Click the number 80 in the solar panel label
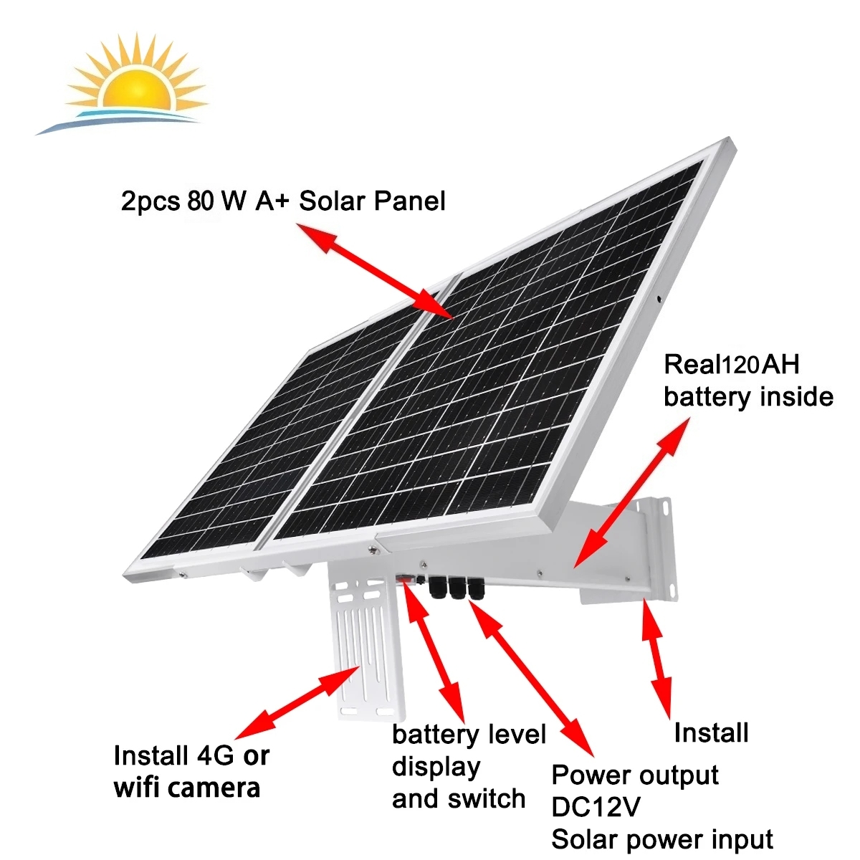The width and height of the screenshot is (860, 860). [200, 201]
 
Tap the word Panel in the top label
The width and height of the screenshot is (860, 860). [411, 201]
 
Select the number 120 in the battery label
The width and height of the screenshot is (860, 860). [740, 365]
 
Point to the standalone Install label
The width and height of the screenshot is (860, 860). [711, 732]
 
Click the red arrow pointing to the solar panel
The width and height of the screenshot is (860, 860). [376, 272]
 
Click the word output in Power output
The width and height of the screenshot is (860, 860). [677, 775]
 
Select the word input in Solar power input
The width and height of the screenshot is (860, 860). [741, 838]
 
